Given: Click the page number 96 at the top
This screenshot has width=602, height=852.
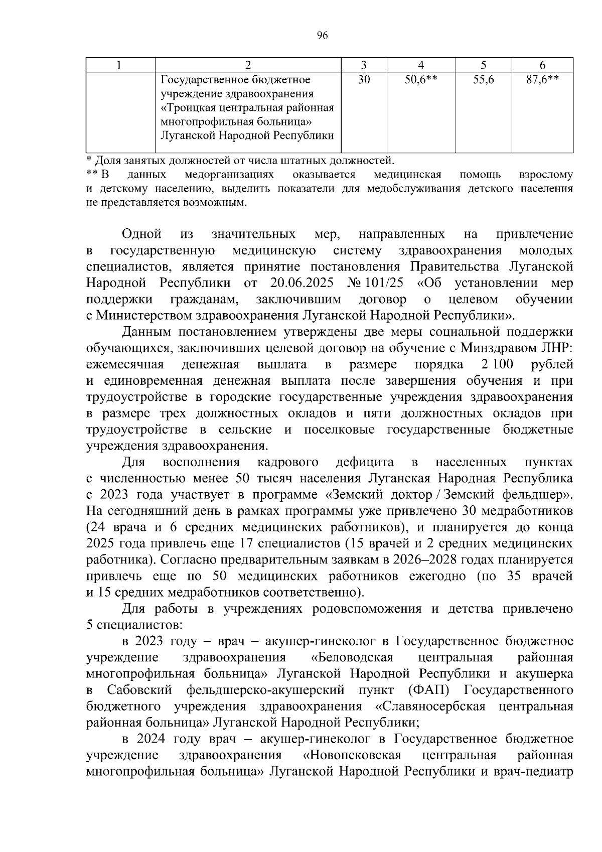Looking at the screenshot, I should coord(322,35).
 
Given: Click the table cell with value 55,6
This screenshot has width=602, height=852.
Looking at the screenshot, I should coord(483,80).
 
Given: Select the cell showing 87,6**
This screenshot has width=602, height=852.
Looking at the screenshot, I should coord(542,80).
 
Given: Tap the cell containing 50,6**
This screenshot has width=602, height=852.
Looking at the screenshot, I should coord(421,80).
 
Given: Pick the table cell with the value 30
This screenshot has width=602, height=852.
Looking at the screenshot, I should coord(364,80).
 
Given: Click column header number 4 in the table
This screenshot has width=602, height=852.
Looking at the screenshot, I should coord(421,65).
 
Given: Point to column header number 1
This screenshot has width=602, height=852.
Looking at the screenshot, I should coord(120,65).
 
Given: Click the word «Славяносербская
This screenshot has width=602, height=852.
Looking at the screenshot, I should coord(430,706).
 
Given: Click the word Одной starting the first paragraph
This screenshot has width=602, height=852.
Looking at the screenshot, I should coord(141,234).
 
